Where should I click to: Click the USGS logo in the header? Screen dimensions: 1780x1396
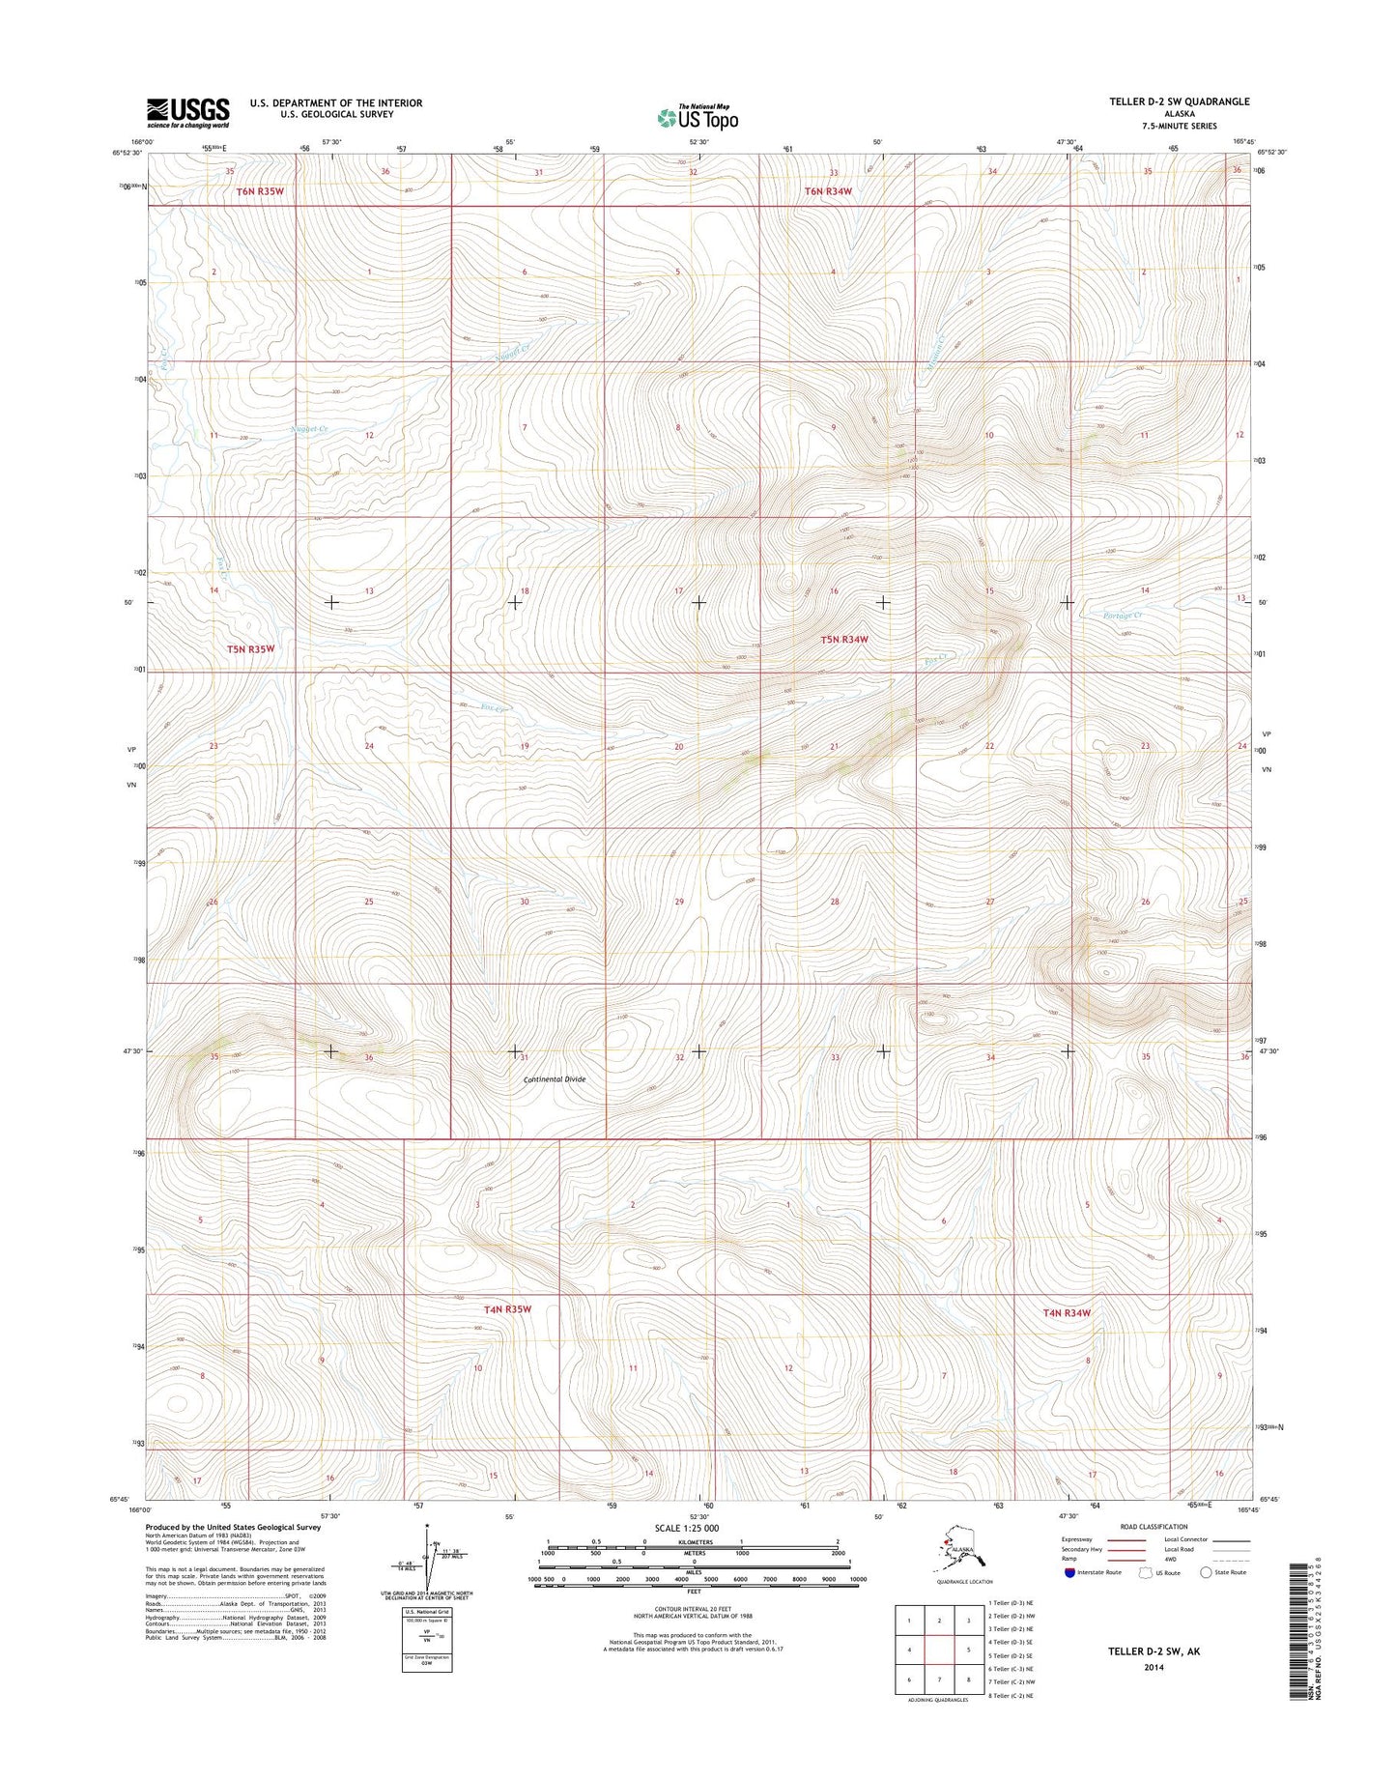(x=187, y=112)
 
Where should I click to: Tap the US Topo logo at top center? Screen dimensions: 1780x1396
(x=698, y=117)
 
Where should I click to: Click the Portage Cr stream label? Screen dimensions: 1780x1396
(x=1123, y=616)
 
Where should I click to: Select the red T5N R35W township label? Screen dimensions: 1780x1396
(x=251, y=649)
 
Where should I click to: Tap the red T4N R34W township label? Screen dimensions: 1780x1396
(x=1067, y=1313)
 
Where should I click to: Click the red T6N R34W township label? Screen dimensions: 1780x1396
(x=829, y=191)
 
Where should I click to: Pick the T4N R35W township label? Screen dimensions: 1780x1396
(x=507, y=1309)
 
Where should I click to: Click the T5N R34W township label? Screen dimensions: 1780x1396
(x=844, y=640)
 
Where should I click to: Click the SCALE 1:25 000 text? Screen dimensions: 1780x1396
(x=687, y=1529)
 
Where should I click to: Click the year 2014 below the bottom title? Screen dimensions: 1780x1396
(x=1154, y=1667)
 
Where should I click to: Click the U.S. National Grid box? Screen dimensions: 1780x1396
(x=427, y=1639)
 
